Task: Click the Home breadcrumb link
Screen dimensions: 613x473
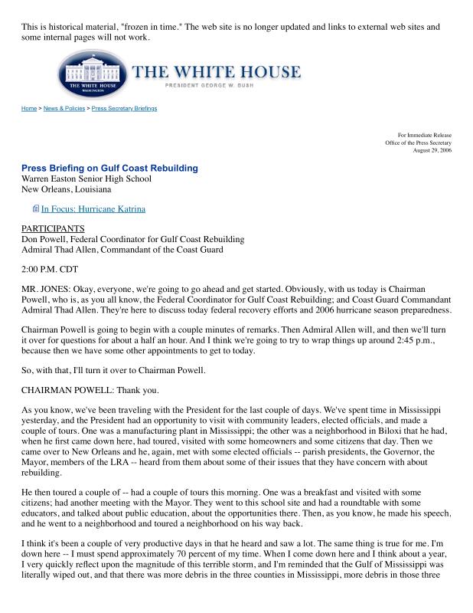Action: pyautogui.click(x=28, y=109)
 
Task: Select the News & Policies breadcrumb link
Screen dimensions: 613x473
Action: pyautogui.click(x=64, y=109)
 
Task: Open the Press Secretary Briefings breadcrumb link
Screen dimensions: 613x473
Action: pyautogui.click(x=124, y=109)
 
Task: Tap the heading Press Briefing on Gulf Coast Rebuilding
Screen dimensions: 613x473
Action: pyautogui.click(x=109, y=168)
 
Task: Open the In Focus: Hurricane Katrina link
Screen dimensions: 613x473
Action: pyautogui.click(x=93, y=208)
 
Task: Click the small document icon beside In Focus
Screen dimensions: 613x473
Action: pyautogui.click(x=35, y=208)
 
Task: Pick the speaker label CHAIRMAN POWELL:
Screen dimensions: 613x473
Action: pyautogui.click(x=67, y=389)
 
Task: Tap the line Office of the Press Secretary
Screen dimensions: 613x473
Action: pyautogui.click(x=418, y=143)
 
